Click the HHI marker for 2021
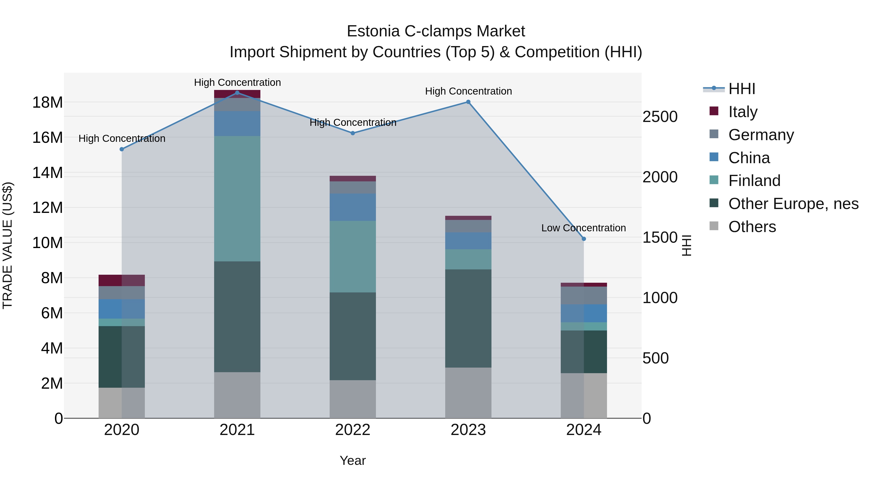tap(237, 93)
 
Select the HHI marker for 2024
tap(584, 239)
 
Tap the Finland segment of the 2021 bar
tap(237, 199)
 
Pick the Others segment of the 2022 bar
tap(353, 399)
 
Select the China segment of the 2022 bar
tap(353, 207)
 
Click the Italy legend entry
tap(743, 112)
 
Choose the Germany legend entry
tap(761, 135)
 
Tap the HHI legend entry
tap(741, 89)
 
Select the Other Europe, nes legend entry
tap(793, 204)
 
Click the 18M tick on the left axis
tap(47, 102)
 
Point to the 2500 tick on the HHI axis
tap(660, 117)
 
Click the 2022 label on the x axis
tap(353, 430)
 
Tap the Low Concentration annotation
tap(583, 228)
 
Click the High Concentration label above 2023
tap(468, 91)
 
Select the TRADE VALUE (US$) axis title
tap(8, 245)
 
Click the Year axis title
tap(353, 460)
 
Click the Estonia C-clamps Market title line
tap(436, 31)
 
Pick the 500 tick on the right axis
tap(655, 358)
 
